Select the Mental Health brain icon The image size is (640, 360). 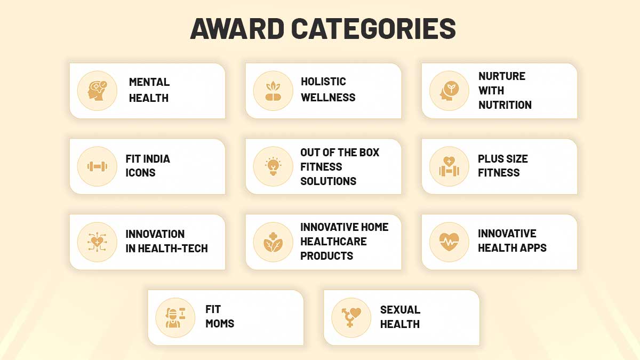[x=97, y=91]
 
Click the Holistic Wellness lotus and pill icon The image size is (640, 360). [x=273, y=91]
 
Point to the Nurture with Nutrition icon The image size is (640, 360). [x=449, y=91]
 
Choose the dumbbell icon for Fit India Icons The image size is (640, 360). [x=97, y=166]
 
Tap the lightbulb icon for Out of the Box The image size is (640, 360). [x=273, y=166]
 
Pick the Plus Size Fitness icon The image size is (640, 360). [x=449, y=166]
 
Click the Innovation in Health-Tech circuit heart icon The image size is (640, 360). [x=97, y=242]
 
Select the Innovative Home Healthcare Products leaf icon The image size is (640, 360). [x=273, y=242]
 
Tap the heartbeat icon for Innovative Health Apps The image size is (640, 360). [x=449, y=242]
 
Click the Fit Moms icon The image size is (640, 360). [x=175, y=318]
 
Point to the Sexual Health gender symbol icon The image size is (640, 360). [x=351, y=318]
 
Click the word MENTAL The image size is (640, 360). [x=149, y=82]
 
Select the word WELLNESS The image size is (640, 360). [x=328, y=98]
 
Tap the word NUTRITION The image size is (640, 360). [x=505, y=105]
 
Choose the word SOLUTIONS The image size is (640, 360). [x=328, y=181]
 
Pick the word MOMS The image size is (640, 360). [x=220, y=324]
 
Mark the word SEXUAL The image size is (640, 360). [x=400, y=310]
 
